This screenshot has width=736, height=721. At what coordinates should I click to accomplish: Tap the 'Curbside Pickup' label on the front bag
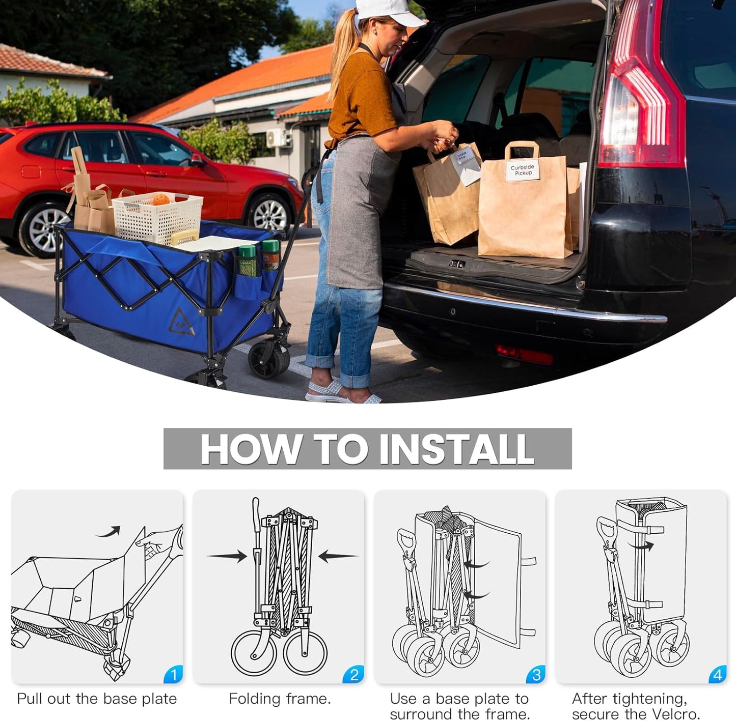(x=523, y=170)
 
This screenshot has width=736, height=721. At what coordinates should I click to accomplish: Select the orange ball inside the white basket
(x=161, y=199)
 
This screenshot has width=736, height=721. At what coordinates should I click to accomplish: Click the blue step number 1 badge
(x=174, y=675)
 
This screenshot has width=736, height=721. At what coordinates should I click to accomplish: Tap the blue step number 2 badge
(x=354, y=675)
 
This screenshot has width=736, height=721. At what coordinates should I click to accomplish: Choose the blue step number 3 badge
(x=536, y=675)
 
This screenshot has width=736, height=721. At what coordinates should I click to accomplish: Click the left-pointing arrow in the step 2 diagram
(x=338, y=556)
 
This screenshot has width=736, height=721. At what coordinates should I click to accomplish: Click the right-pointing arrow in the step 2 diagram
(x=227, y=556)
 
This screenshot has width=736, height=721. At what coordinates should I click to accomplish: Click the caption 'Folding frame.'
(x=280, y=699)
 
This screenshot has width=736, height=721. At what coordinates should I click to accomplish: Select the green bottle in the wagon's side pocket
(x=248, y=261)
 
